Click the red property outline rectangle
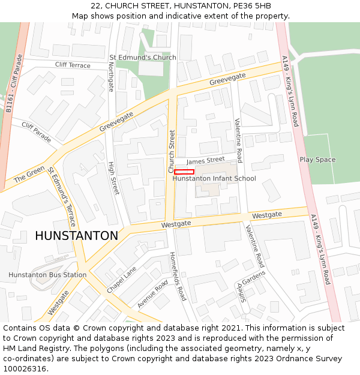click(x=184, y=172)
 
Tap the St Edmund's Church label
click(x=143, y=58)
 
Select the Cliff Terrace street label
click(x=73, y=65)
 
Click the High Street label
click(x=113, y=178)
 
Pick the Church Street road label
click(x=172, y=151)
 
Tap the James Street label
click(x=205, y=160)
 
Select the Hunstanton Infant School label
click(x=214, y=178)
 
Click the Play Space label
click(x=317, y=160)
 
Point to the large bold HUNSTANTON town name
click(x=76, y=236)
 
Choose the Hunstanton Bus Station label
click(x=47, y=275)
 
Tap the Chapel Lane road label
click(x=122, y=280)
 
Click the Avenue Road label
click(x=152, y=294)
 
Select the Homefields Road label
click(x=178, y=276)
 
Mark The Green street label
click(x=29, y=175)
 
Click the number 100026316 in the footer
click(x=25, y=368)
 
